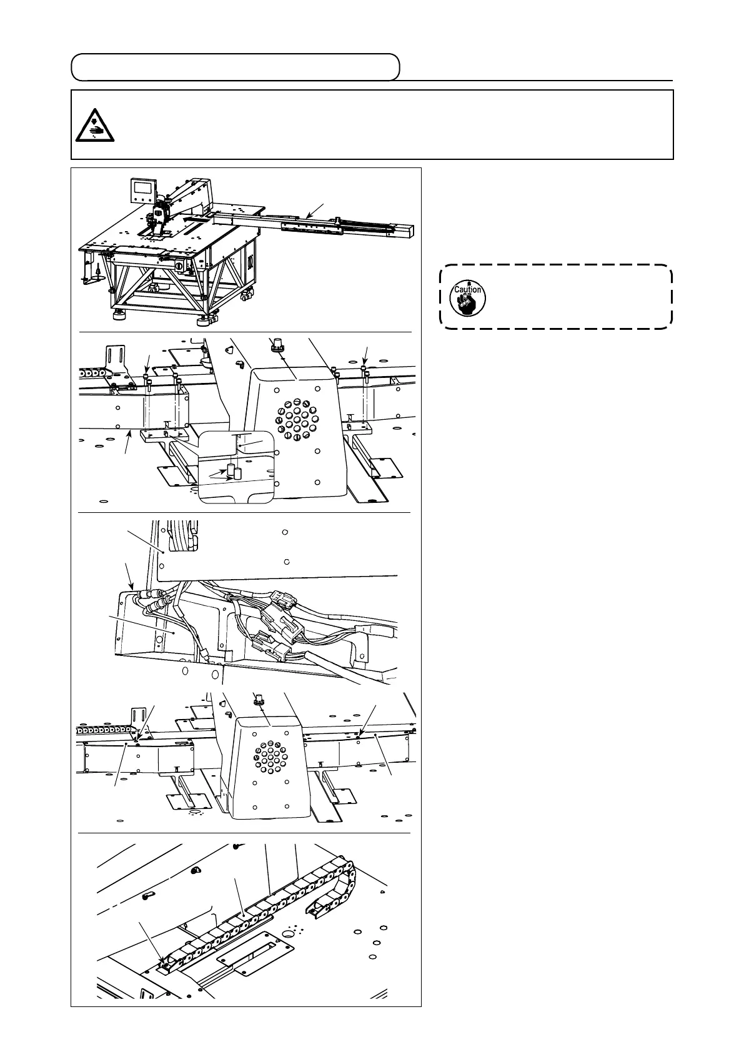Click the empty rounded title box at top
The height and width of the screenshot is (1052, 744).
235,67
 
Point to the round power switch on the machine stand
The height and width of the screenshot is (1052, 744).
180,266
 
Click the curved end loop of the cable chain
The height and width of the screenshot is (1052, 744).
350,875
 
